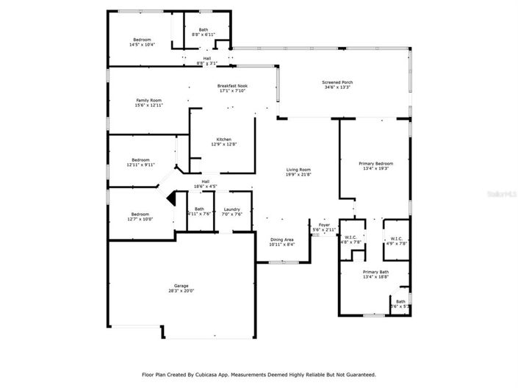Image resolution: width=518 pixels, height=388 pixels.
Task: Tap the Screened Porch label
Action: click(x=337, y=82)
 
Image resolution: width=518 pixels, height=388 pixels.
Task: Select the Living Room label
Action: click(x=298, y=170)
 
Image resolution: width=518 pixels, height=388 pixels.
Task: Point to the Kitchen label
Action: click(x=223, y=140)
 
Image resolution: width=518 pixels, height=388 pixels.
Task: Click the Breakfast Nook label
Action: click(x=231, y=85)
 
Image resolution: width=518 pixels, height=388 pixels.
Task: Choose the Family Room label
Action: click(x=148, y=100)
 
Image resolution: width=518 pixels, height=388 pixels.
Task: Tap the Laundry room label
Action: click(x=232, y=209)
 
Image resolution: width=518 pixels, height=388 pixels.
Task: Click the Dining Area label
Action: click(x=281, y=240)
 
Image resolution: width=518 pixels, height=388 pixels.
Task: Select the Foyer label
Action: click(x=323, y=225)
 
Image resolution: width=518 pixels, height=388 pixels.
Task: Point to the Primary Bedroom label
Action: click(x=375, y=163)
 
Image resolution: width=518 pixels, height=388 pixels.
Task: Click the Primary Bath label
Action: click(x=375, y=272)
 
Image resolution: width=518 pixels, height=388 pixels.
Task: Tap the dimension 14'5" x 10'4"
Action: click(x=142, y=45)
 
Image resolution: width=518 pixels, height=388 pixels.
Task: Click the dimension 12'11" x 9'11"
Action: click(x=141, y=165)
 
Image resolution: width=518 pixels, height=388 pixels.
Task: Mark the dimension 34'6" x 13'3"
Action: click(x=337, y=87)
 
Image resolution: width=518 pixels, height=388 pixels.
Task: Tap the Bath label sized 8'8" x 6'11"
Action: click(x=203, y=29)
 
